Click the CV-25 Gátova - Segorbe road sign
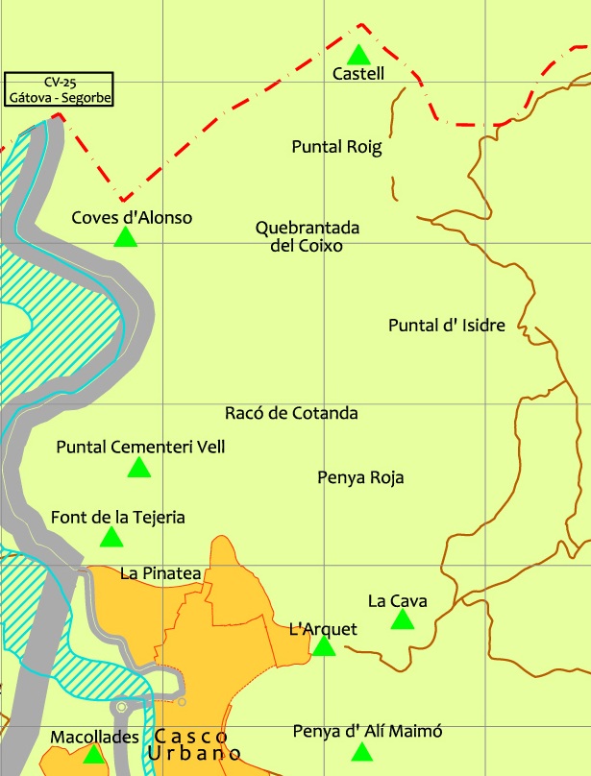click(59, 89)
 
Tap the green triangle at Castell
click(357, 55)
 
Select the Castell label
click(357, 74)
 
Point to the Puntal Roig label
click(336, 147)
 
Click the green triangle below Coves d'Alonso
click(125, 237)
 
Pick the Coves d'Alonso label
click(132, 218)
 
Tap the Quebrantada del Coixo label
click(308, 236)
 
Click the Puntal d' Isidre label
click(446, 325)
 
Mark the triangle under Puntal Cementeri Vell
click(139, 468)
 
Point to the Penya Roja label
click(360, 477)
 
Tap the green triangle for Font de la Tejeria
click(111, 538)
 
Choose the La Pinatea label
click(160, 573)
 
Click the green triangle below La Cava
click(402, 620)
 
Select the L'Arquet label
click(323, 629)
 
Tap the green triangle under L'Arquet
click(324, 646)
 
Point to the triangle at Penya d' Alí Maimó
click(361, 752)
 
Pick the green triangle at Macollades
click(92, 755)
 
